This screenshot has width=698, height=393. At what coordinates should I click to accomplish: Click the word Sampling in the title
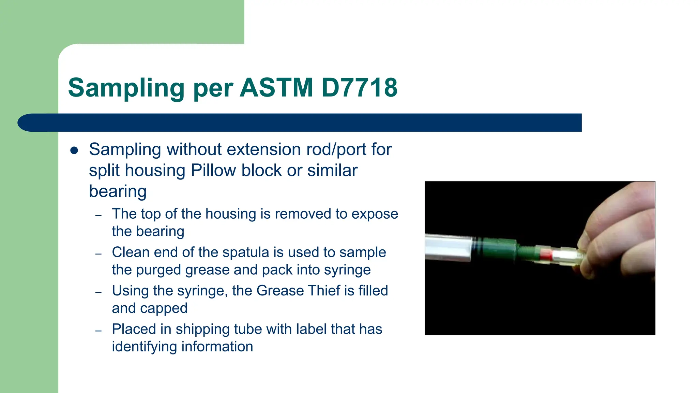126,88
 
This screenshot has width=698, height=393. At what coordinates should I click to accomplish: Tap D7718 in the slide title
359,87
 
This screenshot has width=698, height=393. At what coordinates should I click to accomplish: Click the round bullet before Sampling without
74,150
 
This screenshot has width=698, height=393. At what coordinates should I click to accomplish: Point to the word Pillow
213,170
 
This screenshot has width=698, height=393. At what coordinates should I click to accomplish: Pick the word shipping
202,329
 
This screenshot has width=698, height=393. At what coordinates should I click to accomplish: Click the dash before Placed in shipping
98,331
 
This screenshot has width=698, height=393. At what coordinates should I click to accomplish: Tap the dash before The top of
98,215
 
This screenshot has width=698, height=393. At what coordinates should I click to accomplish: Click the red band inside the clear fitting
546,254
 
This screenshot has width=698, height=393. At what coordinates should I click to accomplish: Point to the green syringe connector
499,250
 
